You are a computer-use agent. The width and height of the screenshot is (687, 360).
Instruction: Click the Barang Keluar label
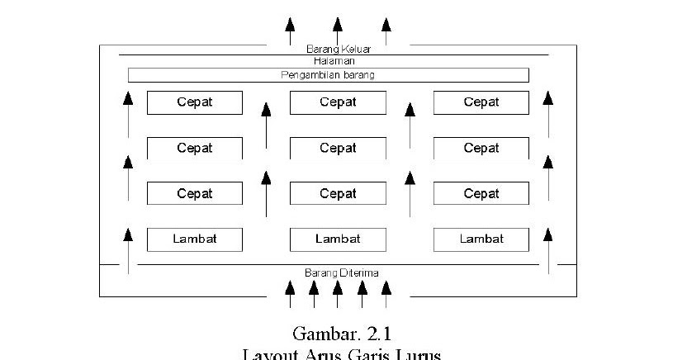pyautogui.click(x=338, y=49)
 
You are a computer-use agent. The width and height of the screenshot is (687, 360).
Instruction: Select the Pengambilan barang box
pyautogui.click(x=328, y=75)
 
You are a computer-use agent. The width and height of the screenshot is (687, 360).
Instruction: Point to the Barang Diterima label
pyautogui.click(x=341, y=272)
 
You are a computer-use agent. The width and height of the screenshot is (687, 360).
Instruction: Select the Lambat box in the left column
pyautogui.click(x=195, y=239)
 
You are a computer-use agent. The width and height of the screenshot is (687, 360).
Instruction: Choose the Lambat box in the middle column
pyautogui.click(x=338, y=239)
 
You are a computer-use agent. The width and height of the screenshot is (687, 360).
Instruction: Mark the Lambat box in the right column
pyautogui.click(x=481, y=239)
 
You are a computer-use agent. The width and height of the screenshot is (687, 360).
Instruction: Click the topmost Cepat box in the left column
pyautogui.click(x=195, y=102)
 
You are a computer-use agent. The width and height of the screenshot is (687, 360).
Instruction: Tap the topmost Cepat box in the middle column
pyautogui.click(x=338, y=102)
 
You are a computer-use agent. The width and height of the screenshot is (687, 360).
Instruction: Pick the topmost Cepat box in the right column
pyautogui.click(x=481, y=102)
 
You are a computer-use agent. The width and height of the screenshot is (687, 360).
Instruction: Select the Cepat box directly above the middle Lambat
pyautogui.click(x=338, y=194)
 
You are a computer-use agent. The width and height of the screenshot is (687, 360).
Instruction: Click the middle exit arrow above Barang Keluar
pyautogui.click(x=337, y=30)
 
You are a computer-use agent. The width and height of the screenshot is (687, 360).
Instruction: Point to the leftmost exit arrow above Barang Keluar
pyautogui.click(x=289, y=30)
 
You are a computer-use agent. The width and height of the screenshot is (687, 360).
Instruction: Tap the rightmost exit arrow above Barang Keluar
pyautogui.click(x=386, y=30)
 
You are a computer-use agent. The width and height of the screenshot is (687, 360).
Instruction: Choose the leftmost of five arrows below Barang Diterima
pyautogui.click(x=289, y=294)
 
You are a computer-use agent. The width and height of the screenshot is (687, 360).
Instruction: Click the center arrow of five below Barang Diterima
pyautogui.click(x=338, y=294)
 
